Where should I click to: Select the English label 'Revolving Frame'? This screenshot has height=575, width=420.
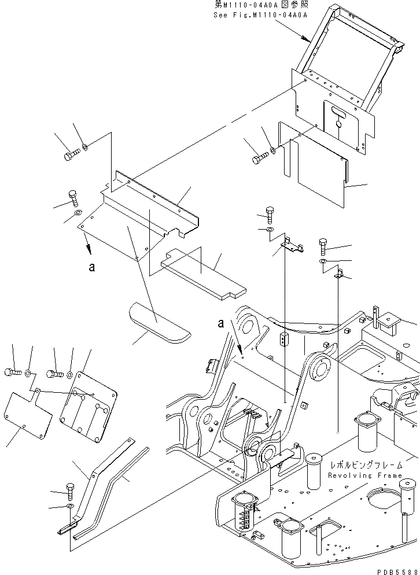click(x=364, y=475)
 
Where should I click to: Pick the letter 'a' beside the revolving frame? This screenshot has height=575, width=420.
click(x=221, y=324)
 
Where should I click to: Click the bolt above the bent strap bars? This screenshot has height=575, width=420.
click(x=71, y=491)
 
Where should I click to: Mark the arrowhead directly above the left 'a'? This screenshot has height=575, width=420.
click(x=89, y=249)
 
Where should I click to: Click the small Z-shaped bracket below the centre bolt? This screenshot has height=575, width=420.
click(x=293, y=246)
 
